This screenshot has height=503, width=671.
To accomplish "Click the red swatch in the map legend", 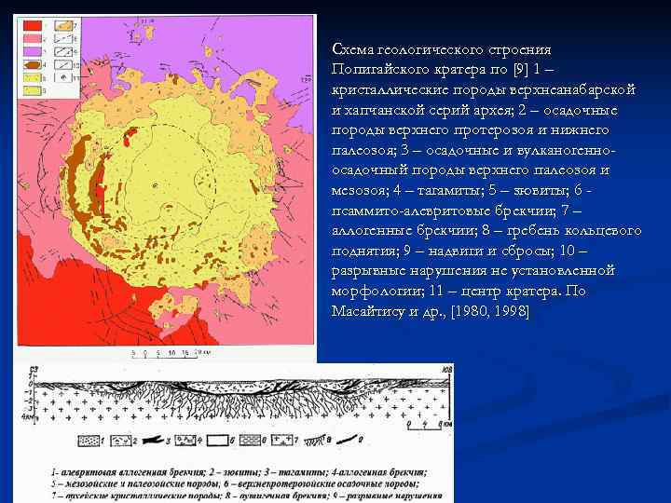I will click(31, 24).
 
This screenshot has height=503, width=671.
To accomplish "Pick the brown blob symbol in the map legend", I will click(31, 66).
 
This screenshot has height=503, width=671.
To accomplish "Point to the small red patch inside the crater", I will click(130, 138).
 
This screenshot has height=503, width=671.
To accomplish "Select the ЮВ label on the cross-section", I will click(448, 372).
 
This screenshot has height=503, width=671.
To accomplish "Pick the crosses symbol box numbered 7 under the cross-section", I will click(285, 438).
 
